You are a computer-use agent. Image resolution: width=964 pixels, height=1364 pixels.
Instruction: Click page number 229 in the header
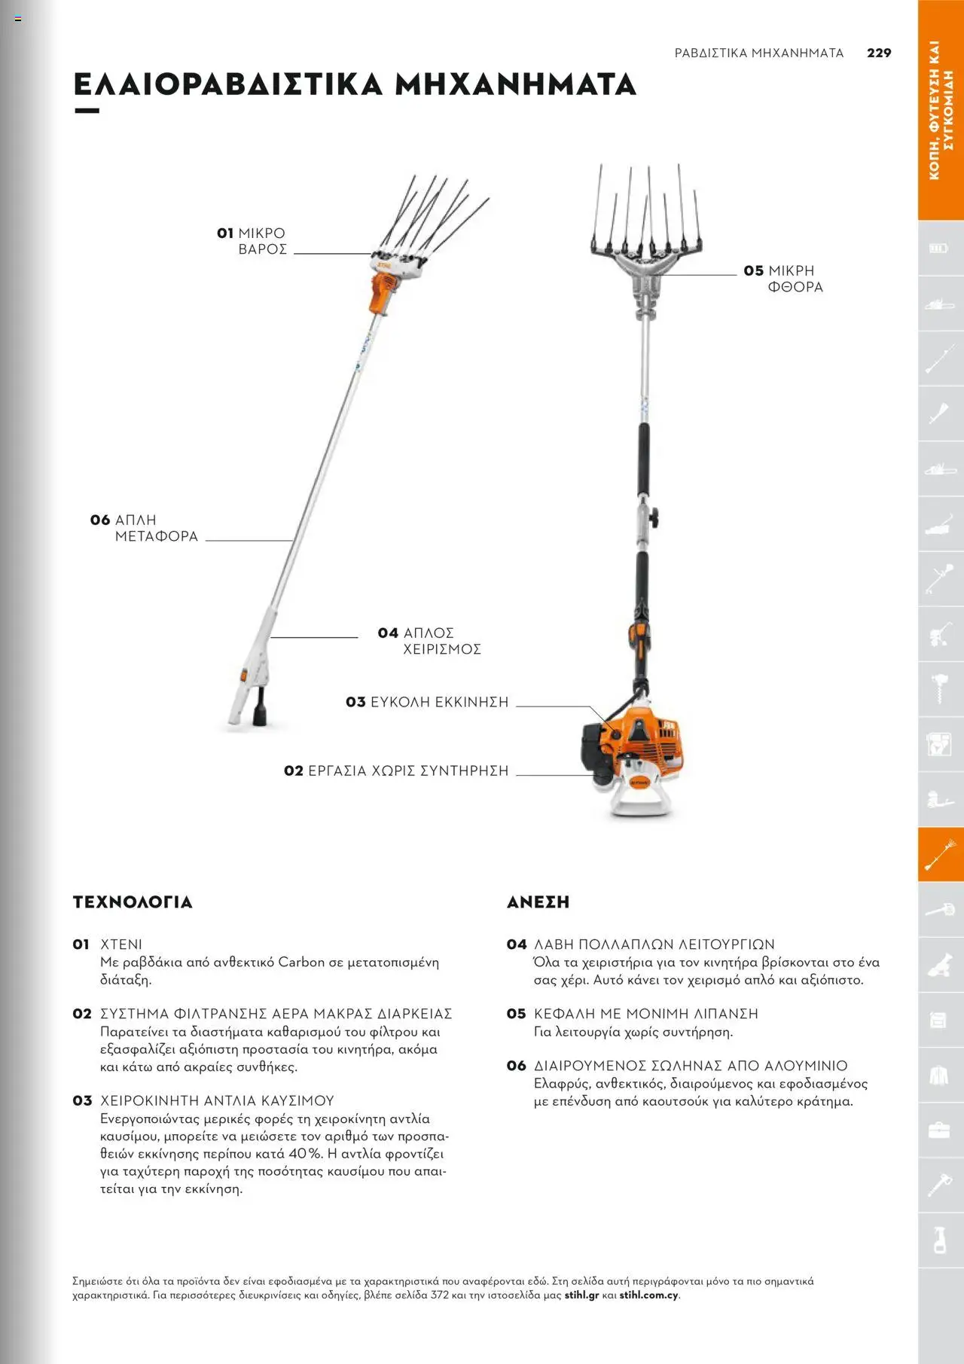coord(879,53)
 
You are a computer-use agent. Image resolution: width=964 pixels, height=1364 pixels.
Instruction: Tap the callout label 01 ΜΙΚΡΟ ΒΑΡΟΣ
coord(252,241)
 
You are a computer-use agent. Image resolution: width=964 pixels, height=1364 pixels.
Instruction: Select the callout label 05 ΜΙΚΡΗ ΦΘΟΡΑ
coord(783,279)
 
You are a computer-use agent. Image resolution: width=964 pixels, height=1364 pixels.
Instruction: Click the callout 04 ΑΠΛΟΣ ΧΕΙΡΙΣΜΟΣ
coord(429,641)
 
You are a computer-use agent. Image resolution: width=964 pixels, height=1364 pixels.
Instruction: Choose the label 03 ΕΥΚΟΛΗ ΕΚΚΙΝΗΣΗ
coord(427,702)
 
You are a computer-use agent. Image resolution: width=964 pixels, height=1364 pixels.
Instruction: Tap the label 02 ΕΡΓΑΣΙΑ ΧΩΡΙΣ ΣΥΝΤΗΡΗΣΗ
coord(396,770)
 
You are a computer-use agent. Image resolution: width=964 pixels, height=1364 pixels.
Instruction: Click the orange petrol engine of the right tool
coord(640,742)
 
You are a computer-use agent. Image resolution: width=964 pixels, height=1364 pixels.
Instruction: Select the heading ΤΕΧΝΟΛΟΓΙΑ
coord(133,902)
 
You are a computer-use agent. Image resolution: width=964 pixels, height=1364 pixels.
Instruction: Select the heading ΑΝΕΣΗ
coord(538,902)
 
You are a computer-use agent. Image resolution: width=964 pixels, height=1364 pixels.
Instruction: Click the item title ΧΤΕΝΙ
coord(121,944)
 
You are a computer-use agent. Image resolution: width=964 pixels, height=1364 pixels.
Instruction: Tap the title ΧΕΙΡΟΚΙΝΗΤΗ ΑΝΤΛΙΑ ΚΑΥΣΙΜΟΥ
coord(217,1100)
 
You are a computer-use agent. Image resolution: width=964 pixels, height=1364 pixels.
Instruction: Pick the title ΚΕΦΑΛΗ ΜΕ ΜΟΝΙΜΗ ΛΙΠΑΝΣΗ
coord(645,1014)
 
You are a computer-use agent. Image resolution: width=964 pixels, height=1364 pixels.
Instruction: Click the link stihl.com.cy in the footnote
coord(648,1295)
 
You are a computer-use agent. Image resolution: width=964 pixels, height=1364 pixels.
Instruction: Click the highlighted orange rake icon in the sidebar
coord(940,855)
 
